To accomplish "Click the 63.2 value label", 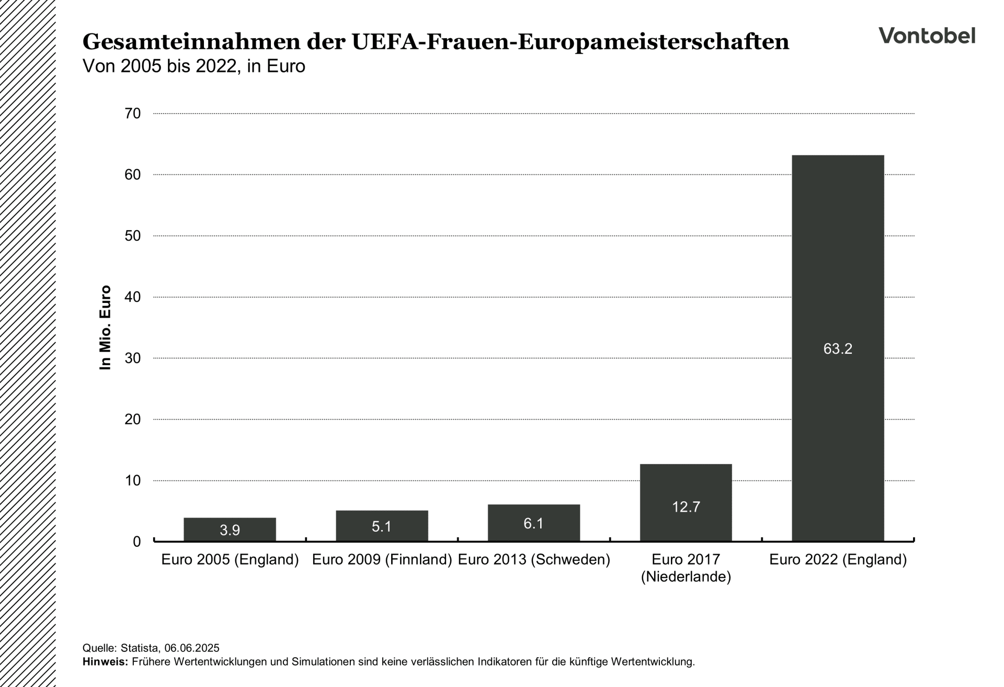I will pyautogui.click(x=838, y=349).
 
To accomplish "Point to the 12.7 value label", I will pyautogui.click(x=686, y=507).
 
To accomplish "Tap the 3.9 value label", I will pyautogui.click(x=230, y=531).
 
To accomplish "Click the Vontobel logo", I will pyautogui.click(x=927, y=36).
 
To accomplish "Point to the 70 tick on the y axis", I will pyautogui.click(x=133, y=114).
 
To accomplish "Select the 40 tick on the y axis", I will pyautogui.click(x=133, y=297).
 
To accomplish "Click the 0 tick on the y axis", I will pyautogui.click(x=136, y=542).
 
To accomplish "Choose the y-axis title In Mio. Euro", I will pyautogui.click(x=106, y=328).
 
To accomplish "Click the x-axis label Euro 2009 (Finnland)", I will pyautogui.click(x=382, y=560).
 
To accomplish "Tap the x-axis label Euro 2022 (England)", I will pyautogui.click(x=838, y=560).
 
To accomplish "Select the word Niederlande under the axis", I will pyautogui.click(x=686, y=577).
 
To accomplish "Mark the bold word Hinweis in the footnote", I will pyautogui.click(x=104, y=662).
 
